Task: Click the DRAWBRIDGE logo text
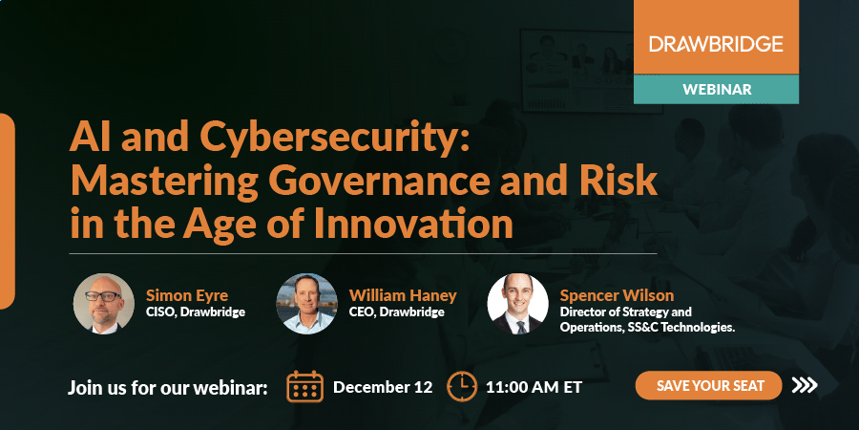716,43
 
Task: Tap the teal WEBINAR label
716,89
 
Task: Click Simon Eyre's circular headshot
104,304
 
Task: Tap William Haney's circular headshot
306,304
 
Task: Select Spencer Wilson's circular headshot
517,304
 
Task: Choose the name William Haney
403,294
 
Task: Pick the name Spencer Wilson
617,294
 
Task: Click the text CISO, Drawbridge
195,312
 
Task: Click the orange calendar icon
305,387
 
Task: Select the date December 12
383,388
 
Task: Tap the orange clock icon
462,387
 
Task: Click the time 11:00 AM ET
534,388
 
